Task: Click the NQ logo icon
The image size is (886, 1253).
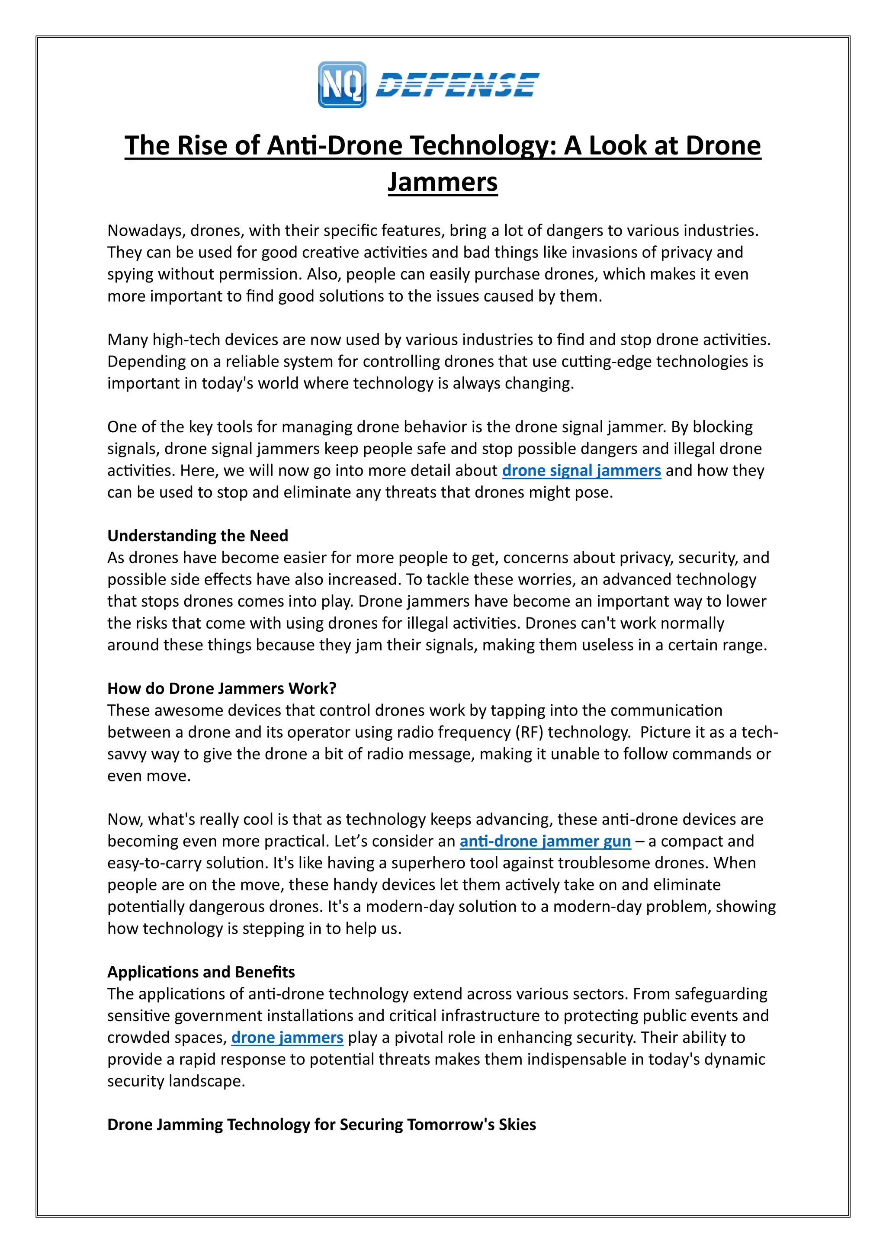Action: [341, 85]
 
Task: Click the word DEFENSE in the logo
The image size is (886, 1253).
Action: [457, 85]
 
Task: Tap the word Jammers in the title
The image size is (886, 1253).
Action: [443, 182]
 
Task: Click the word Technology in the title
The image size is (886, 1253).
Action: [483, 146]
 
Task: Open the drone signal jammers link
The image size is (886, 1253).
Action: [581, 470]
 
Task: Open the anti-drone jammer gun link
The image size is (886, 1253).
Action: [545, 841]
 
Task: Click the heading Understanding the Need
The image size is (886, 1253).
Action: [198, 536]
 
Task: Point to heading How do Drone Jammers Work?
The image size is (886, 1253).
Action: [221, 688]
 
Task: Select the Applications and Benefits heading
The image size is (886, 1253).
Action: [201, 972]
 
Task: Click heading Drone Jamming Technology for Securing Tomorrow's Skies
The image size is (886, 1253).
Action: [321, 1125]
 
